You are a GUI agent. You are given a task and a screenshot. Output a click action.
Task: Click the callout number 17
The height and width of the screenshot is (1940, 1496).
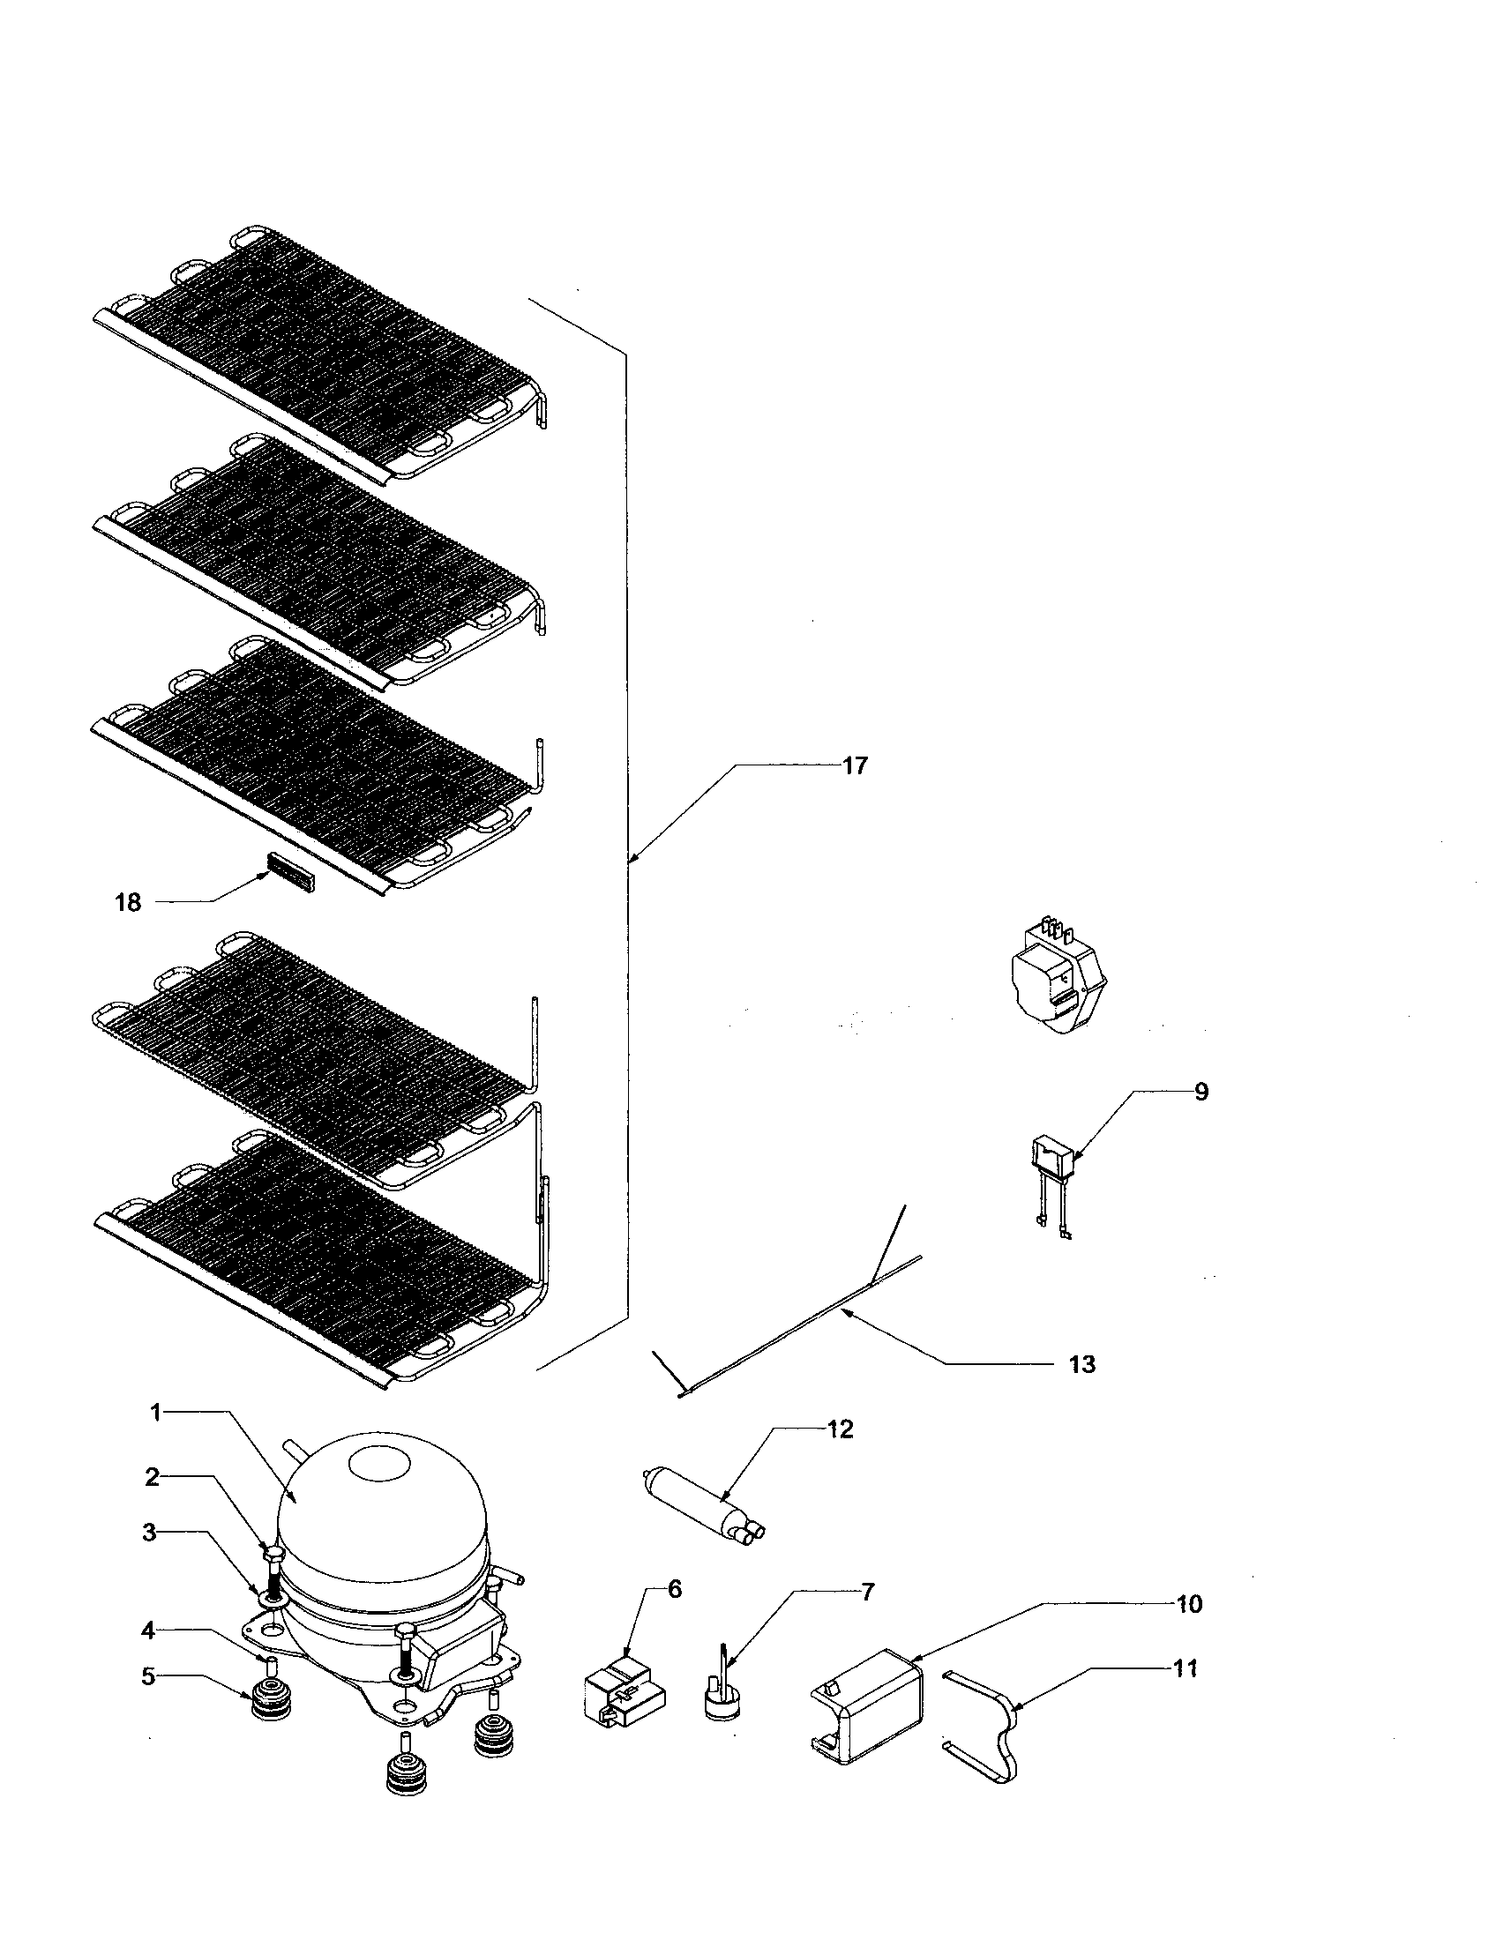(854, 765)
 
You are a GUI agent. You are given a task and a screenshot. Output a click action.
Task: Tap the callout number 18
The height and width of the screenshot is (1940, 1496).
(128, 902)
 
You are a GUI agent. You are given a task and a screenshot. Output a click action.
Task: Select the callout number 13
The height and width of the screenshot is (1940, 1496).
(1081, 1363)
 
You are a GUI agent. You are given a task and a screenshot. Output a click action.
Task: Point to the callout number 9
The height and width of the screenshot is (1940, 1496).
(1201, 1092)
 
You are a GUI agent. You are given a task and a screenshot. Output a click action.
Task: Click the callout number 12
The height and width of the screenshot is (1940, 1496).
(840, 1429)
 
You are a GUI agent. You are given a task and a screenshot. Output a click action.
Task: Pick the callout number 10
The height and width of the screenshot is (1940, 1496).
(1189, 1603)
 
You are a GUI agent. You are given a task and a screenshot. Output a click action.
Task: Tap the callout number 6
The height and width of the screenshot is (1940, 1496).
(674, 1589)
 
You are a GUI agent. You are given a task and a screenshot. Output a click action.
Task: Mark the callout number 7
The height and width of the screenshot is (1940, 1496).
(867, 1592)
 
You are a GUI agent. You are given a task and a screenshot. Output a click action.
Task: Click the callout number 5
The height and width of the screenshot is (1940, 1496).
(148, 1676)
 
